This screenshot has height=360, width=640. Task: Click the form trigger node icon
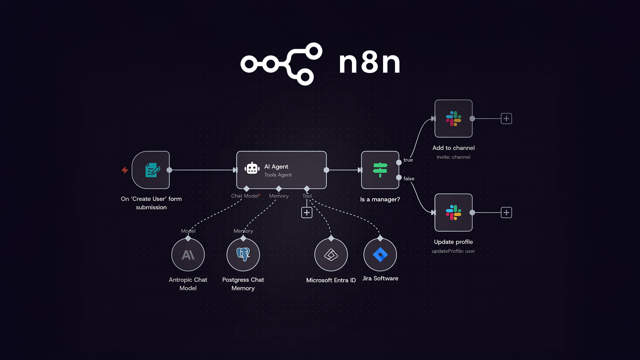(152, 170)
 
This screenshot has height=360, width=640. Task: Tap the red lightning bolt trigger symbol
(125, 170)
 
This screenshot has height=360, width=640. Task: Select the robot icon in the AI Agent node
(252, 168)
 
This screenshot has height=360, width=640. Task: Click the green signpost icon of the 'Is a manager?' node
(380, 170)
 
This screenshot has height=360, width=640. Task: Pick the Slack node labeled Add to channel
(453, 119)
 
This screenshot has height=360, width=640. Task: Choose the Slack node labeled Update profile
(453, 213)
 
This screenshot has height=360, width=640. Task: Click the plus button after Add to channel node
(506, 119)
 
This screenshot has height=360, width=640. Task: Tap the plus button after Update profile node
(506, 213)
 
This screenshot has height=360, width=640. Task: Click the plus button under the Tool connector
(307, 213)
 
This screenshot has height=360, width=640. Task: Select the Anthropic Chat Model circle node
(188, 255)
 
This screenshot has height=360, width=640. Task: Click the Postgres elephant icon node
(243, 255)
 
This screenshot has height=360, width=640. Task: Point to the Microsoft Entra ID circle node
(331, 255)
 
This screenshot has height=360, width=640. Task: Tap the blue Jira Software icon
(380, 255)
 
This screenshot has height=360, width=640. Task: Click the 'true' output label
(408, 160)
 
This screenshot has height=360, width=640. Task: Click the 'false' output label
(409, 179)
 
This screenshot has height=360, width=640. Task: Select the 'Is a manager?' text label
(380, 199)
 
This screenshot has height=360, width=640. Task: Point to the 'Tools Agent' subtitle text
(278, 175)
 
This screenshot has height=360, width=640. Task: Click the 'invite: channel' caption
(453, 157)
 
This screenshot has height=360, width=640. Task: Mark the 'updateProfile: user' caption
(453, 251)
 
